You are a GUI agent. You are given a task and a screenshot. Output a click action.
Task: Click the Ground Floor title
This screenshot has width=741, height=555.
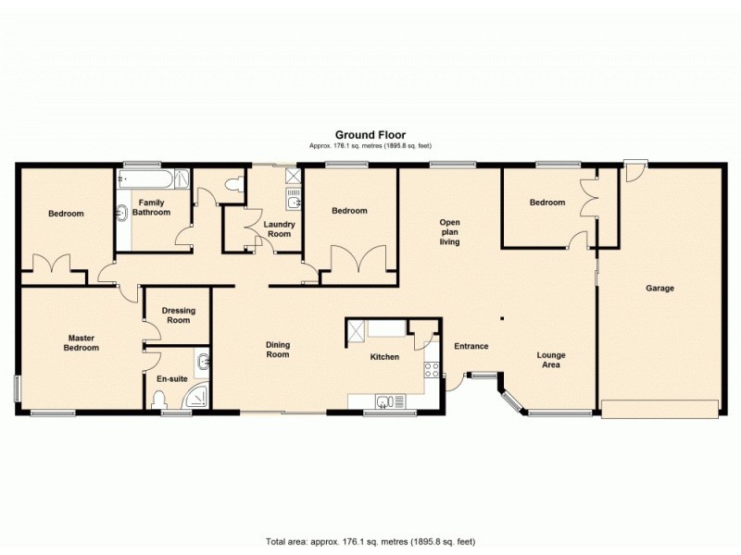click(370, 134)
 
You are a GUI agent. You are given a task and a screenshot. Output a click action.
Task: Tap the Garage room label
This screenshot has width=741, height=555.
click(660, 289)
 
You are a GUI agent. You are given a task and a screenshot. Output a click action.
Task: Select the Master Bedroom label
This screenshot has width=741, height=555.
click(81, 343)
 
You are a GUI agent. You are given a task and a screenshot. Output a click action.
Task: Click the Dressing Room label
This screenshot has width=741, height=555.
click(178, 315)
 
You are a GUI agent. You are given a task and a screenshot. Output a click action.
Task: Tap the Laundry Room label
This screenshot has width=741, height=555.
click(278, 228)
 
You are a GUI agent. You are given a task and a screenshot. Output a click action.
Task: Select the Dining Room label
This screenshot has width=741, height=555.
click(277, 349)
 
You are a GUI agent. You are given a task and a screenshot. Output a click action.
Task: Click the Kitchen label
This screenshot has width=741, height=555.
click(384, 356)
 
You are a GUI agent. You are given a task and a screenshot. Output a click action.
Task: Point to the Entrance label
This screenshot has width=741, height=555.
click(471, 347)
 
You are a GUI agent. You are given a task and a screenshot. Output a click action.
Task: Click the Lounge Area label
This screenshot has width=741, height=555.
click(551, 360)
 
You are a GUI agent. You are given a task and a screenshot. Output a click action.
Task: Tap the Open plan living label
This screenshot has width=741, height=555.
click(450, 231)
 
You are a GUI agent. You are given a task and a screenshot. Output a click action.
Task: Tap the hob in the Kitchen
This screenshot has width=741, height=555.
click(431, 369)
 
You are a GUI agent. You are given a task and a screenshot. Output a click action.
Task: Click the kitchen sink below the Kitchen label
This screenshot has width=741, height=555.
click(383, 400)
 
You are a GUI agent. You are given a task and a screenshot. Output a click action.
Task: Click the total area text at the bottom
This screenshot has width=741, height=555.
click(370, 541)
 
